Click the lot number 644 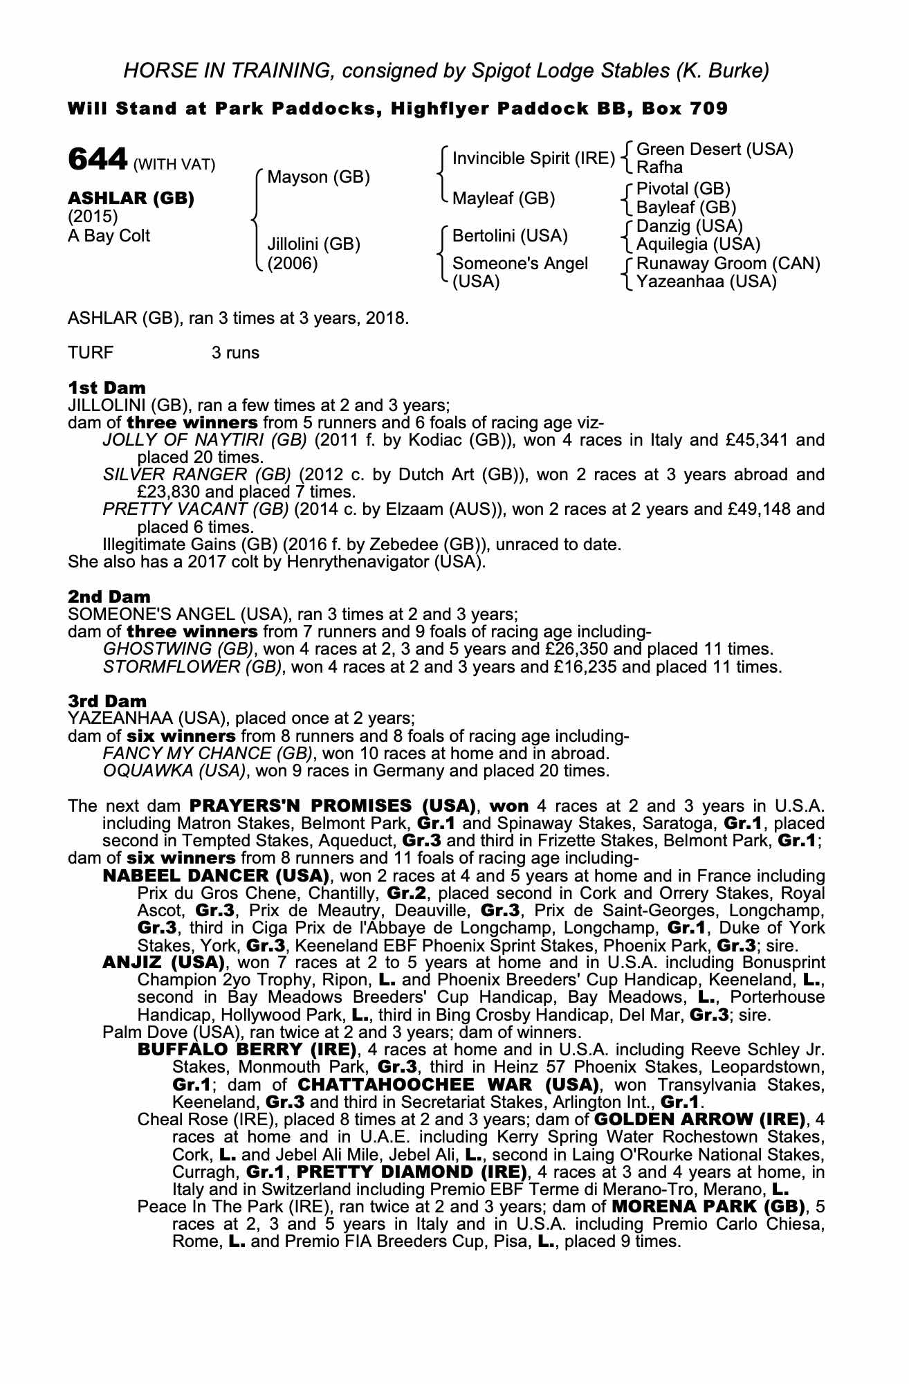pyautogui.click(x=97, y=161)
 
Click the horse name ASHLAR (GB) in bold pyautogui.click(x=131, y=199)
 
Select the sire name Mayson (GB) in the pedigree pyautogui.click(x=318, y=178)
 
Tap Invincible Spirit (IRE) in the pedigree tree pyautogui.click(x=533, y=158)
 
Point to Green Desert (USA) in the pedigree pyautogui.click(x=714, y=149)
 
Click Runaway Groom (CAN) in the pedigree pyautogui.click(x=728, y=264)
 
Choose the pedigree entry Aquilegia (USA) pyautogui.click(x=698, y=244)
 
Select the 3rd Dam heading pyautogui.click(x=107, y=701)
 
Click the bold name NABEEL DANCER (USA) pyautogui.click(x=215, y=875)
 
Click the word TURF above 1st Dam pyautogui.click(x=91, y=353)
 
